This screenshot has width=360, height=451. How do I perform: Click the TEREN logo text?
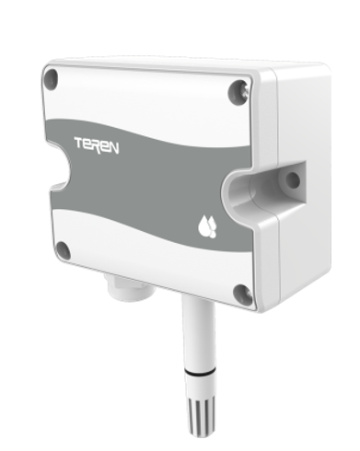click(97, 145)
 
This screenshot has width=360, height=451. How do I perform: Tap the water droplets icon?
click(207, 226)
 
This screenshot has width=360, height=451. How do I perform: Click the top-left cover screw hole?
click(52, 77)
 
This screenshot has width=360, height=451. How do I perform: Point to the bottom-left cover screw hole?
click(64, 250)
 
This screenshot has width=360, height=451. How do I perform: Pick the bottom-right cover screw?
click(242, 294)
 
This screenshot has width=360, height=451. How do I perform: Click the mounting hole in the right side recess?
click(292, 179)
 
